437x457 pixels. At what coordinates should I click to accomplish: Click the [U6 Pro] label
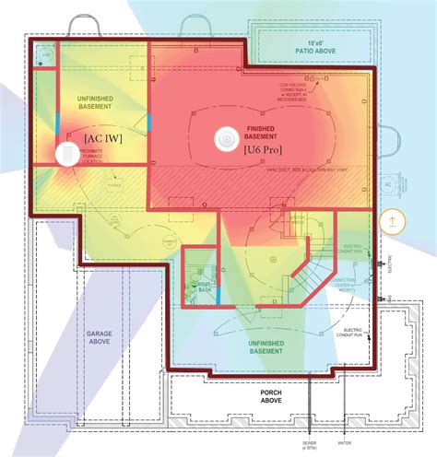click(x=266, y=148)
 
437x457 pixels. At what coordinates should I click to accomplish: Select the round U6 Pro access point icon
click(x=224, y=139)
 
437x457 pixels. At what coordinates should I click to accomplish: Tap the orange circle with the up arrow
click(x=392, y=221)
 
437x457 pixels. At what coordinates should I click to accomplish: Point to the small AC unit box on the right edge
click(x=387, y=185)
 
